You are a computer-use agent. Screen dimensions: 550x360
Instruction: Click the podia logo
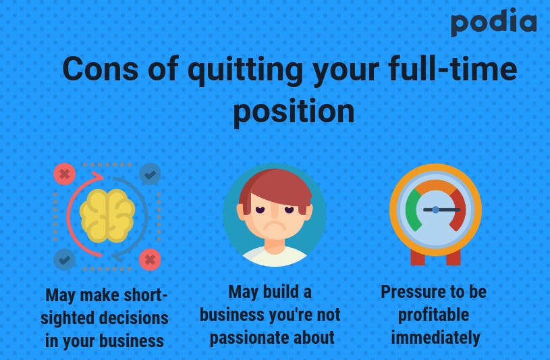click(493, 22)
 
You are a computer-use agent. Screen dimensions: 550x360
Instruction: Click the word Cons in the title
click(101, 69)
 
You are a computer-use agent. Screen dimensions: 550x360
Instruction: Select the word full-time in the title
click(453, 68)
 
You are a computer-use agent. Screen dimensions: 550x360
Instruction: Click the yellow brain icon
click(107, 215)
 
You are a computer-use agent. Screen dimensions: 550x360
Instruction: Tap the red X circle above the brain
click(65, 174)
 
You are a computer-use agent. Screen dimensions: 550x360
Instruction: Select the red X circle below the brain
click(150, 259)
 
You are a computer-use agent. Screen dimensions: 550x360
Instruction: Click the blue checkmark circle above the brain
click(150, 174)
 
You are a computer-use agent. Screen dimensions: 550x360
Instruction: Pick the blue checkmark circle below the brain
click(65, 259)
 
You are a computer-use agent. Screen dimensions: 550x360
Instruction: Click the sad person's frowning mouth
click(274, 225)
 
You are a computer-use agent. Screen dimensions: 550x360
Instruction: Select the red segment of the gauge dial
click(458, 210)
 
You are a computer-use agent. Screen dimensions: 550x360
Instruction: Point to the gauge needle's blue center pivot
click(435, 209)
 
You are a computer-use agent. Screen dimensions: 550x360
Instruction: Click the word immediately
click(435, 338)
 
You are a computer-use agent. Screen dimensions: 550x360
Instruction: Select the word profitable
click(433, 315)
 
